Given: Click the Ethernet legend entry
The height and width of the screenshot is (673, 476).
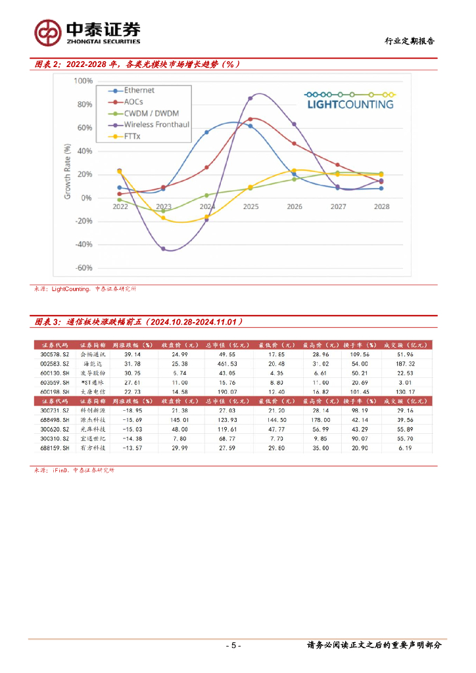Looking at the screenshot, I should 139,91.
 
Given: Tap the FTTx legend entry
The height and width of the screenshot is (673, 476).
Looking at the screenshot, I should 134,136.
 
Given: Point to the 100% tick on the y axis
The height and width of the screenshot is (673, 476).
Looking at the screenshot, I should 83,81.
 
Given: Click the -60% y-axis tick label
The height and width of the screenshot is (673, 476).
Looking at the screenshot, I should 83,268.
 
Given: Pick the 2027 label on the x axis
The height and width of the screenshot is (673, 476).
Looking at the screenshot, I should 338,206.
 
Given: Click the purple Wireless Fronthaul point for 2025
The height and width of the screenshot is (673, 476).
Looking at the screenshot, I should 250,99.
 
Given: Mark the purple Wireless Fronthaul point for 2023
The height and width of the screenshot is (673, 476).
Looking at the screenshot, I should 164,249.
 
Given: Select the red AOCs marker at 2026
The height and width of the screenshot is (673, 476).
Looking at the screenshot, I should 294,143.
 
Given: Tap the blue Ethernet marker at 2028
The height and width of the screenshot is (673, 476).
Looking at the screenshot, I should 381,189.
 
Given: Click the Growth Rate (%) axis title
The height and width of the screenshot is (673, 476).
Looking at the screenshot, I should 67,174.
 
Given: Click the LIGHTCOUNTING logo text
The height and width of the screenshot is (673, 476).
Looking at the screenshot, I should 350,104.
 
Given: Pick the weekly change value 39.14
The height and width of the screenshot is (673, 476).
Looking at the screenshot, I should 132,354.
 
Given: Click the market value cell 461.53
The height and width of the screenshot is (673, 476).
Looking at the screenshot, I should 217,363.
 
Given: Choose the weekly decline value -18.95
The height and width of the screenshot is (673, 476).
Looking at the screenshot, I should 131,410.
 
